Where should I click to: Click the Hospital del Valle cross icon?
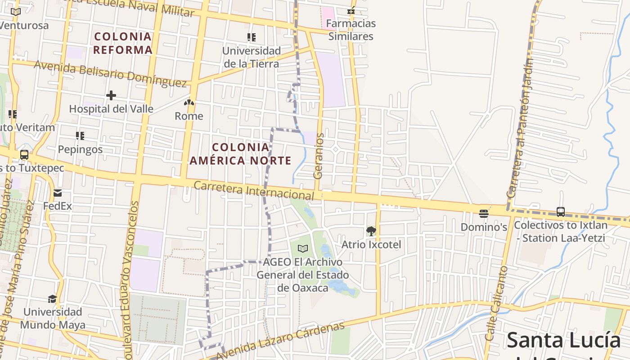pyautogui.click(x=111, y=95)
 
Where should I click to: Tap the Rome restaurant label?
pyautogui.click(x=189, y=116)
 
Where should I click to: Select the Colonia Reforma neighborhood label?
pyautogui.click(x=123, y=43)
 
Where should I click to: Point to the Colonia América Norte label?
pyautogui.click(x=240, y=154)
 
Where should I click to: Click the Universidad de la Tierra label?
pyautogui.click(x=252, y=57)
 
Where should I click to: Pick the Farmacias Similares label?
pyautogui.click(x=351, y=30)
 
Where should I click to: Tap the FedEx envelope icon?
pyautogui.click(x=58, y=193)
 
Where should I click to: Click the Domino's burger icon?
pyautogui.click(x=484, y=213)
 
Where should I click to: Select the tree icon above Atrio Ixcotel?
pyautogui.click(x=371, y=231)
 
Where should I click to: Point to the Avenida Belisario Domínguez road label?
pyautogui.click(x=110, y=73)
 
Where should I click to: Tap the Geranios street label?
pyautogui.click(x=319, y=156)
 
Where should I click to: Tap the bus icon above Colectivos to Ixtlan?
pyautogui.click(x=560, y=211)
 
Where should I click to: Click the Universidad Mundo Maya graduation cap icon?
pyautogui.click(x=53, y=299)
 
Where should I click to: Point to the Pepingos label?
pyautogui.click(x=80, y=149)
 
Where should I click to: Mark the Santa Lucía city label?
pyautogui.click(x=564, y=340)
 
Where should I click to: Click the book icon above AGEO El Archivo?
pyautogui.click(x=303, y=248)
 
